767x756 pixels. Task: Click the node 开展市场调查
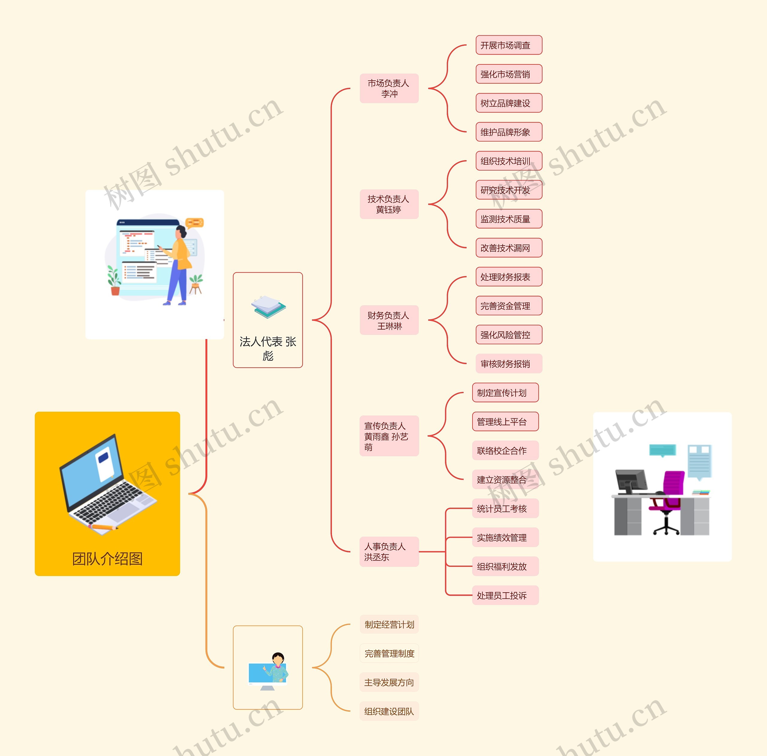508,45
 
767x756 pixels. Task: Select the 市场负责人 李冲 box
389,88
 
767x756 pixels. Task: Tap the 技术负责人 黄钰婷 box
389,205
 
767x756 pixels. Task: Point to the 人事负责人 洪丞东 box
389,551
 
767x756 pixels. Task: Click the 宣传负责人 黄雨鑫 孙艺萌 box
389,436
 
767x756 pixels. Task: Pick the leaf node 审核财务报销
508,364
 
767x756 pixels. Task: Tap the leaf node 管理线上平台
505,422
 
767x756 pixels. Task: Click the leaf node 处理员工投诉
505,595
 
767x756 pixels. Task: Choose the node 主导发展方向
389,682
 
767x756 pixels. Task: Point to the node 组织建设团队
389,711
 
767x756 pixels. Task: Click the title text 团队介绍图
107,559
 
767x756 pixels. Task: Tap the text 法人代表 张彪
268,348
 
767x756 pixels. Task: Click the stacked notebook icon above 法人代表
268,307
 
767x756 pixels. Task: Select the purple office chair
670,496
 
